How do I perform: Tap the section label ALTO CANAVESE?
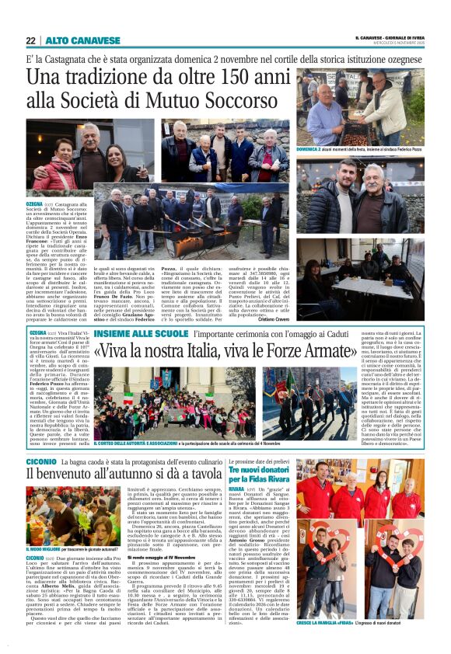(x=72, y=40)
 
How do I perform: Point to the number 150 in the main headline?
(x=207, y=77)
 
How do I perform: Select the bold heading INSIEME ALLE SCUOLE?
(x=142, y=333)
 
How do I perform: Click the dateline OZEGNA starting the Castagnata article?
(x=36, y=200)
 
